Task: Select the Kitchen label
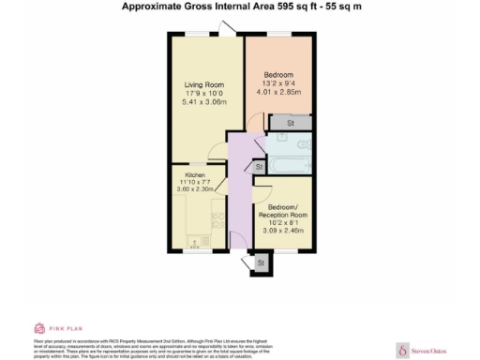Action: [194, 175]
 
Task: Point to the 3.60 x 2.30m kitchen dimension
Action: [194, 190]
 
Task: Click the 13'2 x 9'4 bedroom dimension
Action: [278, 83]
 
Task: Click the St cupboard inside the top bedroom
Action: [291, 122]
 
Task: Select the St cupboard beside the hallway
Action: [257, 167]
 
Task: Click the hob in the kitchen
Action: [217, 220]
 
